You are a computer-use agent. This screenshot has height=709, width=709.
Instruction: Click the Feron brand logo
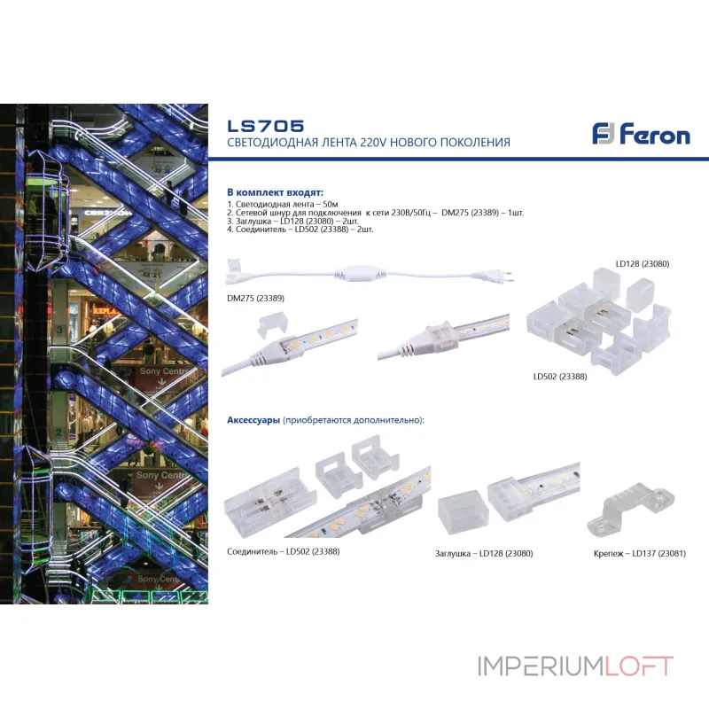point(641,135)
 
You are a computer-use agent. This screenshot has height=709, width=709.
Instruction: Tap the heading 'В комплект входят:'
point(275,191)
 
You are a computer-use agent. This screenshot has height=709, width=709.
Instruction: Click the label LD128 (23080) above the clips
point(642,263)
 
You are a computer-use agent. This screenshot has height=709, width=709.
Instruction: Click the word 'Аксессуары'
point(253,419)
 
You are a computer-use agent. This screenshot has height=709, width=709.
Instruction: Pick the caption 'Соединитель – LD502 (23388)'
point(284,551)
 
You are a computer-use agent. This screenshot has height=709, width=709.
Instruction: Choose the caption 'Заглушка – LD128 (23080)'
point(485,554)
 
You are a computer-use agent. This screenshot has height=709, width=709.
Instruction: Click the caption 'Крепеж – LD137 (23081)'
point(640,554)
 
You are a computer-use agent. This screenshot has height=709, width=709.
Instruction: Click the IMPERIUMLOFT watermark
point(575,666)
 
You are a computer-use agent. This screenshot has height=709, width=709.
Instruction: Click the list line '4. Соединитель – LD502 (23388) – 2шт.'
point(300,229)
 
